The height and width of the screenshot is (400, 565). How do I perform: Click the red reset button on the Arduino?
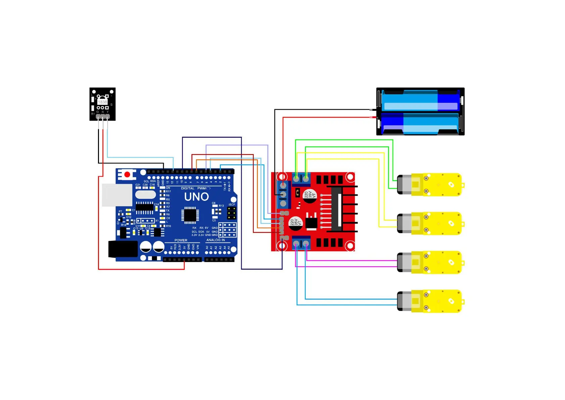point(127,175)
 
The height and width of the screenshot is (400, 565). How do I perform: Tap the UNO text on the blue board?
point(197,197)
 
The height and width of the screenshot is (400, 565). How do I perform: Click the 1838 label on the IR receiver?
point(102,102)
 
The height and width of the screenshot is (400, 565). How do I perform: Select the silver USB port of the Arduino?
point(117,195)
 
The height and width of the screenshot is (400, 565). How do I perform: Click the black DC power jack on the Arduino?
point(123,249)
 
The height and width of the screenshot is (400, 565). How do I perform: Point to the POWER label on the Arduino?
point(181,240)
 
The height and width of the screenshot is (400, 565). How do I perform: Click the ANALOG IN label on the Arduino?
point(215,240)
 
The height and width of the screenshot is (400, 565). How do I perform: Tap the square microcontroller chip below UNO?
point(190,215)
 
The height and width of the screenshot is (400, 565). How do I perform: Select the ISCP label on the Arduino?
point(232,205)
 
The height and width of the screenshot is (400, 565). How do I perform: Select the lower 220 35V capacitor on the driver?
point(296,223)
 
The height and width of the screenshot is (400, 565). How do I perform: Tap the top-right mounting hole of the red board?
point(350,177)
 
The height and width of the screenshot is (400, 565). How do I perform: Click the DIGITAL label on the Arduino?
point(188,188)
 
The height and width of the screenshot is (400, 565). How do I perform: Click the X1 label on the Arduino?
point(157,221)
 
